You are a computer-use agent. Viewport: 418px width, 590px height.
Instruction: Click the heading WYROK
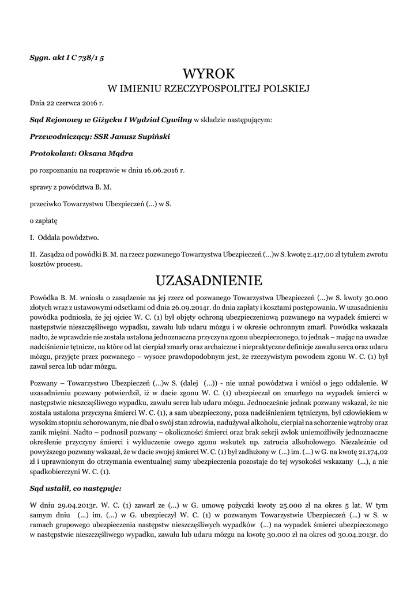(x=209, y=74)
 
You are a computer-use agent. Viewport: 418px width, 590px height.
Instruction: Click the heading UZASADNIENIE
(x=209, y=281)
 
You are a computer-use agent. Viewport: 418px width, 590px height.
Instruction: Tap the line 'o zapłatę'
(x=43, y=220)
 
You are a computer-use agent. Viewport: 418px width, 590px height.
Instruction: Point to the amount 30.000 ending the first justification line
(x=374, y=297)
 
